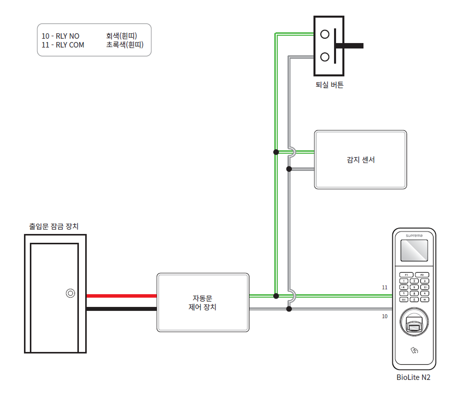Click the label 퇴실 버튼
(329, 85)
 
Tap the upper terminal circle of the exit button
(324, 34)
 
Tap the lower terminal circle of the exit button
(324, 57)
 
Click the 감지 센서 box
(360, 160)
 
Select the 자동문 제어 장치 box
(203, 302)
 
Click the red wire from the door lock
(121, 296)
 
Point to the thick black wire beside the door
(121, 309)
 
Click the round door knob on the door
(71, 293)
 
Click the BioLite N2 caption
(413, 377)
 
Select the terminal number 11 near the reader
(385, 287)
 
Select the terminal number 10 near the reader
(385, 316)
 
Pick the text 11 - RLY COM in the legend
(63, 45)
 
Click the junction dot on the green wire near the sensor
(276, 152)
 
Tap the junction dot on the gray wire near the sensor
(289, 169)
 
